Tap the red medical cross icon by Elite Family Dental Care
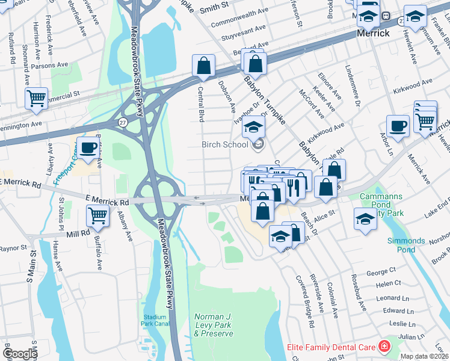pos(383,347)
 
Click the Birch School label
pos(224,144)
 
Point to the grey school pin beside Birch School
pos(258,144)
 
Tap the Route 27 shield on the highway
pos(123,122)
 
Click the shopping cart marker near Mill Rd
pos(97,215)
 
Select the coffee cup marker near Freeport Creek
pos(88,148)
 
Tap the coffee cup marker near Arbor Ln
pos(398,126)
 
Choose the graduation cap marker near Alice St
pos(365,218)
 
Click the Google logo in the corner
pos(20,354)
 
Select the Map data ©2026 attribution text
pos(424,356)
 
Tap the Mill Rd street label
pos(76,231)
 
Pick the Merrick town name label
pos(374,33)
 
